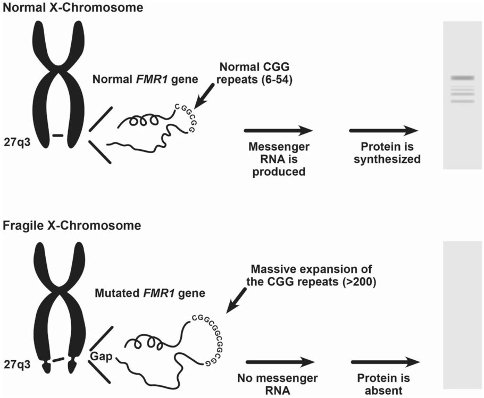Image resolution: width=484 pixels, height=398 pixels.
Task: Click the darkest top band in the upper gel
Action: (x=462, y=78)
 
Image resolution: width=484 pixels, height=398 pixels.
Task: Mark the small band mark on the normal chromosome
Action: (x=57, y=136)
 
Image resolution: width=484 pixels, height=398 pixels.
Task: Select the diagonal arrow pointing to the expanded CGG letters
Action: (x=236, y=301)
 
